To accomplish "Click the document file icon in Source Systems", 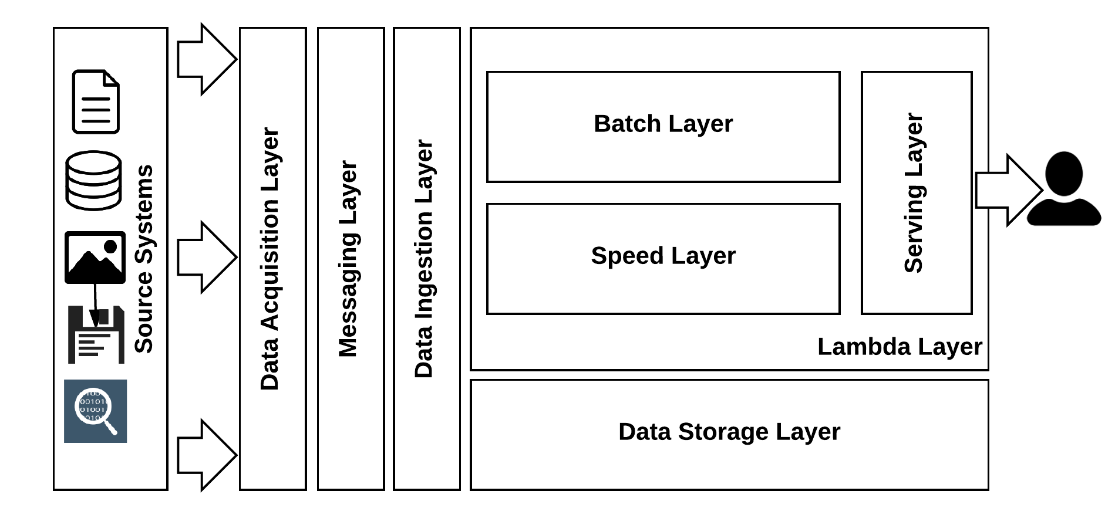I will pos(96,101).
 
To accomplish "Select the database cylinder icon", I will pos(94,180).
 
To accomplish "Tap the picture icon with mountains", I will pos(95,257).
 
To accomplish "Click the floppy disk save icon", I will pos(96,335).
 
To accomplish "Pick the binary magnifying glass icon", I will pos(95,411).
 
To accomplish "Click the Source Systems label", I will pos(144,259).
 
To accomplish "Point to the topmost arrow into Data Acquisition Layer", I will pos(206,59).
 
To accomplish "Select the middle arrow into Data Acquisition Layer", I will pos(206,257).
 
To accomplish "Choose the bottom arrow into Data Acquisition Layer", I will pos(206,455).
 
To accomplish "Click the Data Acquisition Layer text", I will pos(270,259).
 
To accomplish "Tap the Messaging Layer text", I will pos(348,259).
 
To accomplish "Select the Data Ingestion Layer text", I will pos(424,259).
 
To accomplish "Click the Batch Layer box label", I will pos(663,124).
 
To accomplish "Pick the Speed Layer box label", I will pos(663,256).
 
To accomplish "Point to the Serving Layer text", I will pos(914,193).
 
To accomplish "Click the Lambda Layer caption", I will pos(899,347).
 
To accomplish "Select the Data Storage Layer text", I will pos(729,432).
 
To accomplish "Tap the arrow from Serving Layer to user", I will pos(1008,190).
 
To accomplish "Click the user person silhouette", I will pos(1063,189).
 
